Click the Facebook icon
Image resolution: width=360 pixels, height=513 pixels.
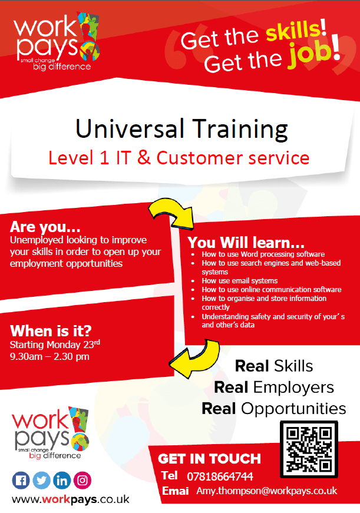[x=21, y=480]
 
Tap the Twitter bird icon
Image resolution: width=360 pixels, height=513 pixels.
[x=42, y=480]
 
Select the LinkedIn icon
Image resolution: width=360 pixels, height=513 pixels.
[x=62, y=480]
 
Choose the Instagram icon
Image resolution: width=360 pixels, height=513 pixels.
[x=82, y=480]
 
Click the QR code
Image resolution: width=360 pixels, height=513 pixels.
[x=309, y=449]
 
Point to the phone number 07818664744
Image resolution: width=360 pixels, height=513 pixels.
[x=220, y=476]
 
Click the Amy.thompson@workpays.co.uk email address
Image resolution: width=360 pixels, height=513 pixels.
[x=267, y=491]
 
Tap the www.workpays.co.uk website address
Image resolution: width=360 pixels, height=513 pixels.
[x=71, y=499]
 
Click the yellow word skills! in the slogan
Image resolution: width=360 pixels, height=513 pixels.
[x=296, y=30]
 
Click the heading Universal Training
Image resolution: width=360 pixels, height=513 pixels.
[x=181, y=129]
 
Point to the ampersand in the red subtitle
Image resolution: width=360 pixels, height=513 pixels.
[x=144, y=157]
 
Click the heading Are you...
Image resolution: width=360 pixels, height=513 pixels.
[x=45, y=227]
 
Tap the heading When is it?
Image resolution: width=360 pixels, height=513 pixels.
[x=51, y=330]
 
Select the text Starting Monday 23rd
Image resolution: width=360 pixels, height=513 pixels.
[x=55, y=344]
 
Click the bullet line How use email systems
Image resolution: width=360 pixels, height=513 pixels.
[x=240, y=281]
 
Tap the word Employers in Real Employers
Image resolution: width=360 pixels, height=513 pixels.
[x=293, y=388]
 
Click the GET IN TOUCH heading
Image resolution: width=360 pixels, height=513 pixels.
[x=209, y=459]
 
